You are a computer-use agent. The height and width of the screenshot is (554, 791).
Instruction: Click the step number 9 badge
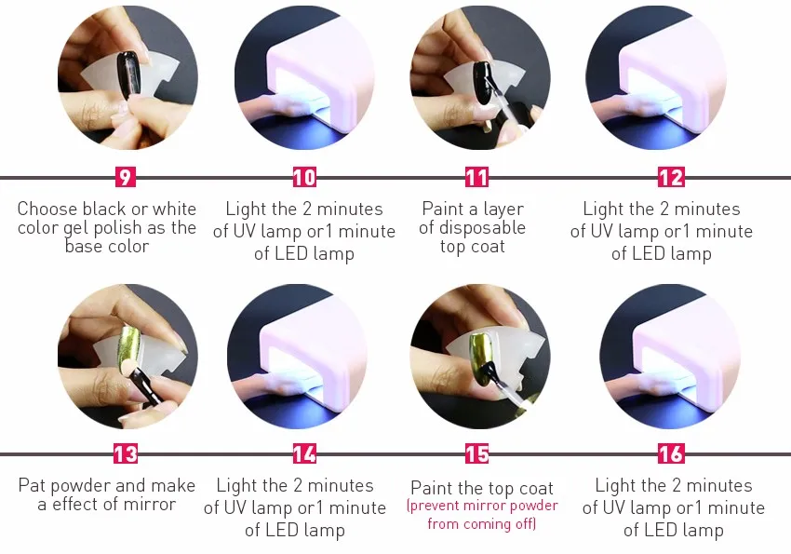pyautogui.click(x=125, y=177)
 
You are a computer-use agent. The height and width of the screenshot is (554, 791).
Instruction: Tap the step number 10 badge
pyautogui.click(x=304, y=177)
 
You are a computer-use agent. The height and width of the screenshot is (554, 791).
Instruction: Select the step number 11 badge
pyautogui.click(x=476, y=177)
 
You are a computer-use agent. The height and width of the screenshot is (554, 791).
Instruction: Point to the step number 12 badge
pyautogui.click(x=672, y=177)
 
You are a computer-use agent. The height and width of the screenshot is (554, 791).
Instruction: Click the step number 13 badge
pyautogui.click(x=125, y=453)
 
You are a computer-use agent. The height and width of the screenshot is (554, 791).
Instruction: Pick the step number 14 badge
pyautogui.click(x=304, y=453)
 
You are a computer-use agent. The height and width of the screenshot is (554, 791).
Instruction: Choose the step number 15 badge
pyautogui.click(x=476, y=453)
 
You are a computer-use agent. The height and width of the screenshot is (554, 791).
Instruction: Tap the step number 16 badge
pyautogui.click(x=672, y=453)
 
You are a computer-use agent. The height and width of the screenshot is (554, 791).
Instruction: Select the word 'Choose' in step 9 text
pyautogui.click(x=47, y=209)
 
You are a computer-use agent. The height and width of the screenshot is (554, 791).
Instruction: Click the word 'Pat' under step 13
pyautogui.click(x=33, y=485)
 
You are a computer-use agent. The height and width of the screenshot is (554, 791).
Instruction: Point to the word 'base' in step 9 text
pyautogui.click(x=82, y=246)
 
